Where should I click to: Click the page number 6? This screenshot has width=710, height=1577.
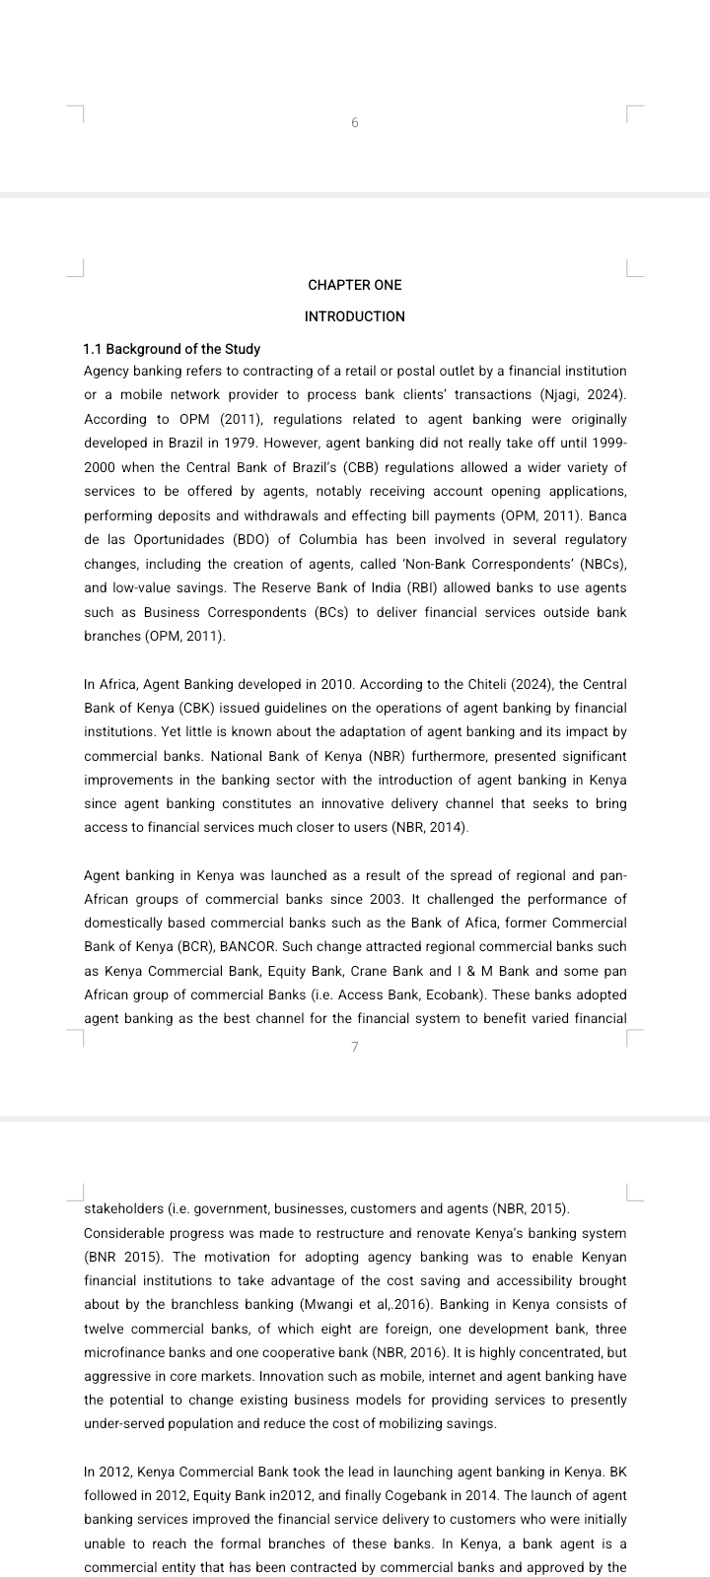coord(355,123)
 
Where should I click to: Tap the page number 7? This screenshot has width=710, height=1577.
coord(355,1047)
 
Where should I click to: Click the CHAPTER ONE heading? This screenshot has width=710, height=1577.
coord(355,285)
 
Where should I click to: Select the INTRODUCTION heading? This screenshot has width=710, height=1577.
coord(355,316)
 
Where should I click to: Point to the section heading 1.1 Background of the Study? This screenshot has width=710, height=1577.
coord(173,349)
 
